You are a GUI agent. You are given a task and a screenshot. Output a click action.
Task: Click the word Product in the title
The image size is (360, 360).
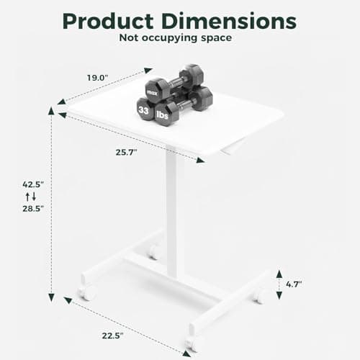tap(108, 22)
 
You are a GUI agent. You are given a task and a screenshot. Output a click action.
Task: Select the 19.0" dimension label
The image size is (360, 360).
tap(98, 78)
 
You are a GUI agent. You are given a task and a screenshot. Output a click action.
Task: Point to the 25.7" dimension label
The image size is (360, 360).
tap(127, 152)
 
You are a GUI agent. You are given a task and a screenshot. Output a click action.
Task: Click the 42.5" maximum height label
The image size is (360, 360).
tap(33, 184)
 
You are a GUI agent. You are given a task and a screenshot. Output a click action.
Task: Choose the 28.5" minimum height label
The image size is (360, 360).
tap(33, 209)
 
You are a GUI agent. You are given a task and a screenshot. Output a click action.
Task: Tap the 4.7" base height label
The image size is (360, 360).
tap(294, 284)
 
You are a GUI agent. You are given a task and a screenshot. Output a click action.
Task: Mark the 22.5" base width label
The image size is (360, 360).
tap(112, 336)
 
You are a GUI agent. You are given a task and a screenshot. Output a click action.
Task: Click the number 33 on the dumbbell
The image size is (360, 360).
tap(143, 110)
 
